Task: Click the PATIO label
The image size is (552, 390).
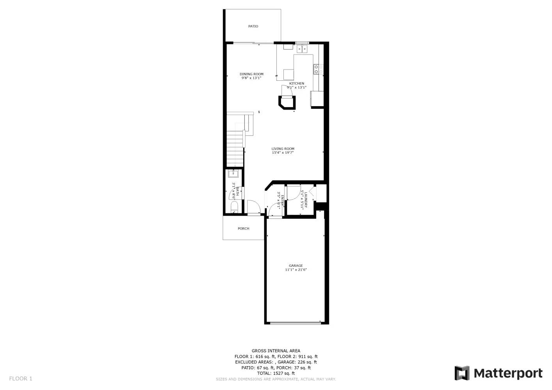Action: (253, 27)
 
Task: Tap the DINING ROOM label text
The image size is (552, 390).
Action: (251, 74)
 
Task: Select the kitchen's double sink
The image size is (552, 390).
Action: (302, 49)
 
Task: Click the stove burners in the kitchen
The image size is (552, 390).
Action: (318, 69)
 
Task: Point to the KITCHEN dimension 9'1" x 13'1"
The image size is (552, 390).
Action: (297, 88)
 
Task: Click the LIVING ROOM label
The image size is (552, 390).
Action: (283, 149)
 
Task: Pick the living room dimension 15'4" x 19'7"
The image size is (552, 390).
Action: (283, 153)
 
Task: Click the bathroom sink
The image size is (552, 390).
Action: (233, 173)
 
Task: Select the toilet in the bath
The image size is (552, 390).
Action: (234, 207)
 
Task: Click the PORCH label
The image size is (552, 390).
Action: (243, 229)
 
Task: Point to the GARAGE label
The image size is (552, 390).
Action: (296, 266)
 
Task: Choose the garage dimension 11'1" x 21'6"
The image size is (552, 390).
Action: (296, 270)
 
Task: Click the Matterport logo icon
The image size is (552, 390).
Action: (462, 373)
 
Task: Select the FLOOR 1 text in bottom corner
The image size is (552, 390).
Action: (21, 378)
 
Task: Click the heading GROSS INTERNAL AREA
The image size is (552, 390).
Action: (276, 351)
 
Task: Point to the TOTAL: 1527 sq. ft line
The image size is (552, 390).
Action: (276, 373)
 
